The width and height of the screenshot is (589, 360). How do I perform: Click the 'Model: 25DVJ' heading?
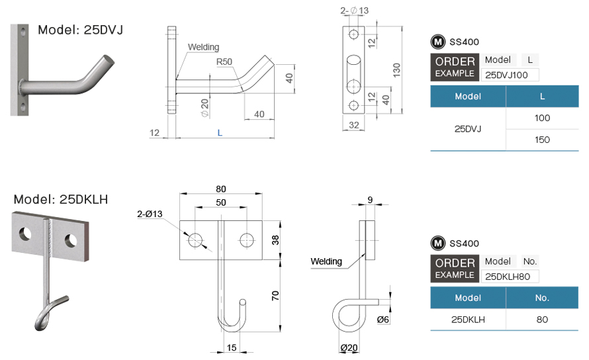(x=80, y=30)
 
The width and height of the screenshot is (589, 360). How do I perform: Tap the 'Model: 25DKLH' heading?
(x=61, y=199)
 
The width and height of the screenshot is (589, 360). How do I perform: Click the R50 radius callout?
(x=224, y=62)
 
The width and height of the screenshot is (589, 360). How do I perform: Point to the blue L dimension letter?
(x=220, y=132)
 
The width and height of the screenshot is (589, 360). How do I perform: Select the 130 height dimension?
(x=396, y=70)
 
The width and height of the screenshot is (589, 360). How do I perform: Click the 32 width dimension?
(x=354, y=125)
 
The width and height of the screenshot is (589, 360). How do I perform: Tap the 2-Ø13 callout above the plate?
(x=354, y=11)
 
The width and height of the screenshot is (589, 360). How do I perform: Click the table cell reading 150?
(x=542, y=140)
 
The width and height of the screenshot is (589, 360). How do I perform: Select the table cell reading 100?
(x=542, y=118)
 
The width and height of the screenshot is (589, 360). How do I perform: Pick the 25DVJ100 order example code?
(x=506, y=75)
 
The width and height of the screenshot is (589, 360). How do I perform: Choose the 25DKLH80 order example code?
(x=508, y=277)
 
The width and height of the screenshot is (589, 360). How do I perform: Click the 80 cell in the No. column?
(x=542, y=320)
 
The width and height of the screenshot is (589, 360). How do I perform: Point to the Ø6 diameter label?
(x=383, y=320)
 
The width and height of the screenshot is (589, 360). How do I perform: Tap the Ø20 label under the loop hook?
(x=349, y=348)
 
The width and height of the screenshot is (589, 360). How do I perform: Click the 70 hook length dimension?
(x=275, y=296)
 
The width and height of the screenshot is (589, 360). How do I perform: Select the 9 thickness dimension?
(x=370, y=200)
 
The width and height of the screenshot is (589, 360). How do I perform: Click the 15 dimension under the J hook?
(x=232, y=347)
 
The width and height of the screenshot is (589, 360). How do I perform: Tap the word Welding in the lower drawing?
(x=326, y=261)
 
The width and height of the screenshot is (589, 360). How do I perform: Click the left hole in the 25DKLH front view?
(x=195, y=240)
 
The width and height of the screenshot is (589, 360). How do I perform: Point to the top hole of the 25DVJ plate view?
(x=353, y=34)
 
